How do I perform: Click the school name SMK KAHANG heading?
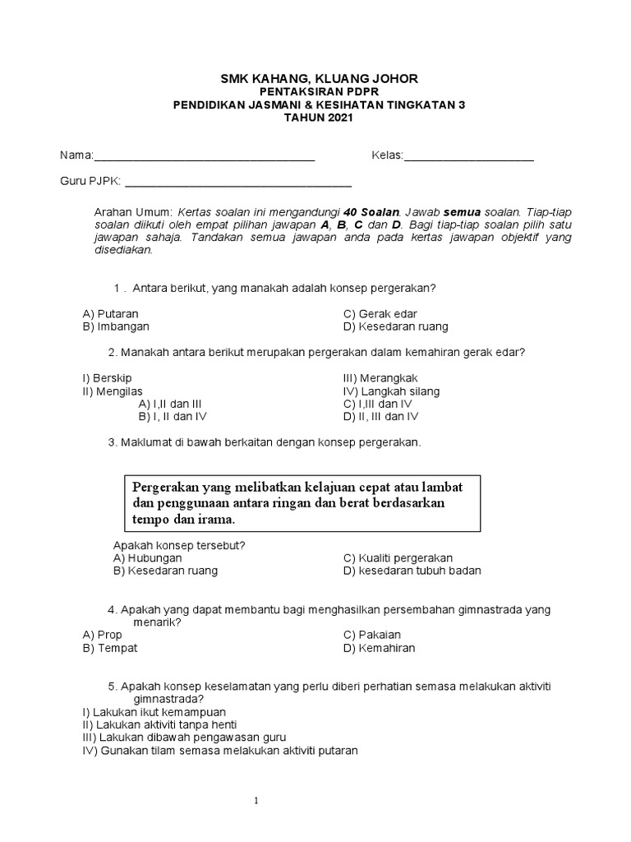[319, 78]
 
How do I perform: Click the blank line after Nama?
[205, 157]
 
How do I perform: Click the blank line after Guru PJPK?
[237, 183]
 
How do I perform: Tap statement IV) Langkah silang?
[391, 391]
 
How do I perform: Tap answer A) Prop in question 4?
[103, 635]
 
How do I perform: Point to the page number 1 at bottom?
[256, 800]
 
